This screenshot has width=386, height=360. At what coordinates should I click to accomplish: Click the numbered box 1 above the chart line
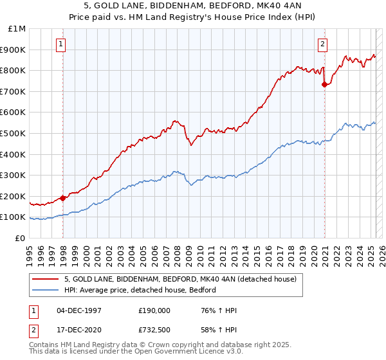point(60,44)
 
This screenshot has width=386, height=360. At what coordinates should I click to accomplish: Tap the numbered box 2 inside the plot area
point(322,44)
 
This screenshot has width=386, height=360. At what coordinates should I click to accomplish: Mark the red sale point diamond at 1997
point(62,198)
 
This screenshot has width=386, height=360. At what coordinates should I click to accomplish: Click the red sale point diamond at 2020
point(324,84)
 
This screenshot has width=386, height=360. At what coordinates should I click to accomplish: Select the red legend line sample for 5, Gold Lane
point(46,280)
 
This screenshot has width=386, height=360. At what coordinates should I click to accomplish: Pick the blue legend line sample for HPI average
point(46,291)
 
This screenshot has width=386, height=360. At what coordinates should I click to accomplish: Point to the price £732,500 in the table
point(153,329)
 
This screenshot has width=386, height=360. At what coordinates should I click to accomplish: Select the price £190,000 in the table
point(153,311)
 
